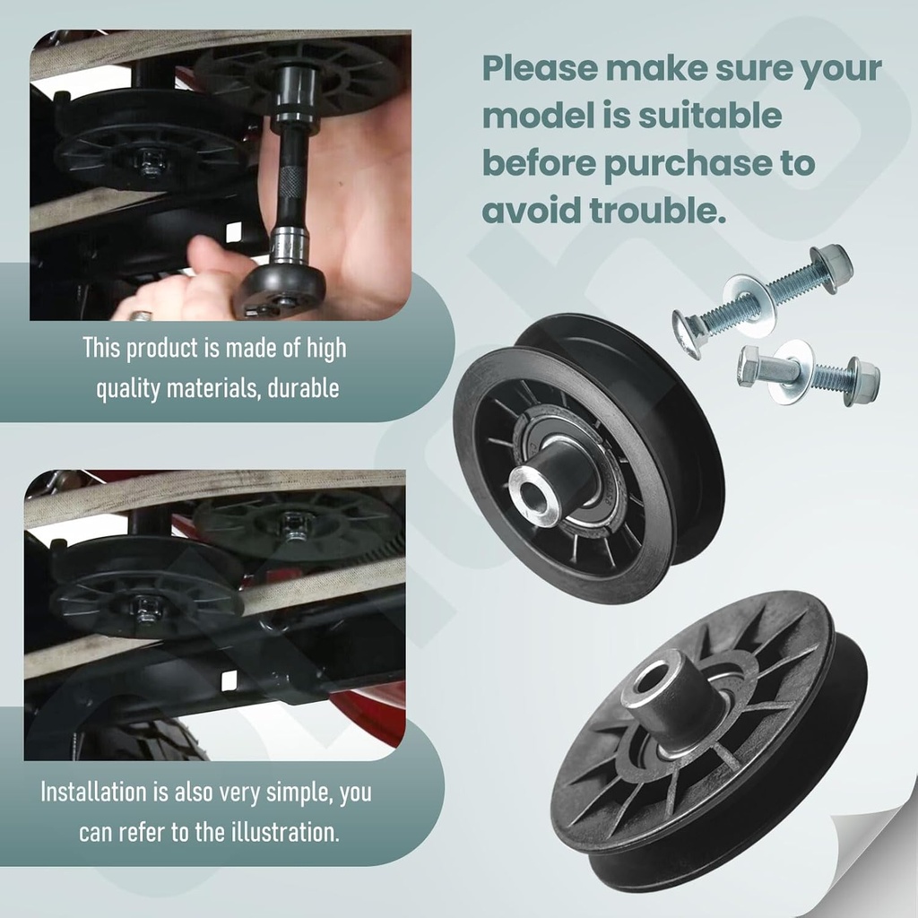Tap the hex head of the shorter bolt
point(749,366)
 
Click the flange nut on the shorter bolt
point(862,381)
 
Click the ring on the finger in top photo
point(141,316)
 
